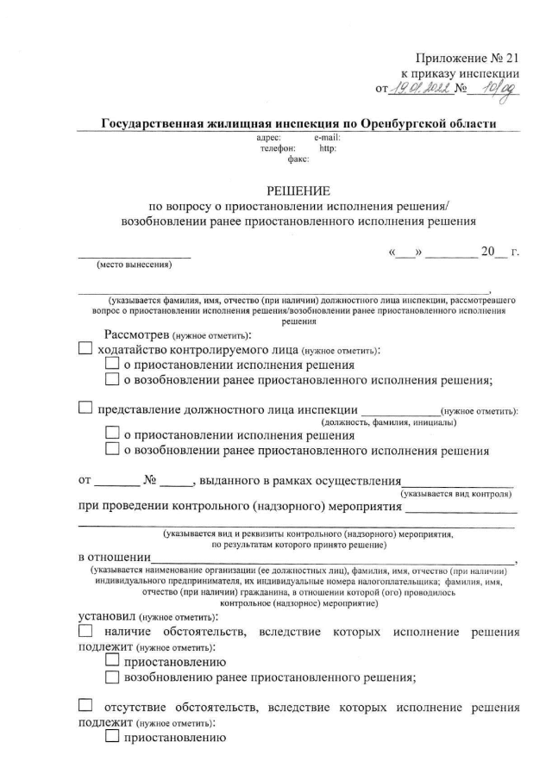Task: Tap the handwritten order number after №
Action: point(499,87)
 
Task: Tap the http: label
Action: point(328,147)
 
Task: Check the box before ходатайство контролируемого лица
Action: point(85,350)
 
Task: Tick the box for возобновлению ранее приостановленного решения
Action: point(112,677)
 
